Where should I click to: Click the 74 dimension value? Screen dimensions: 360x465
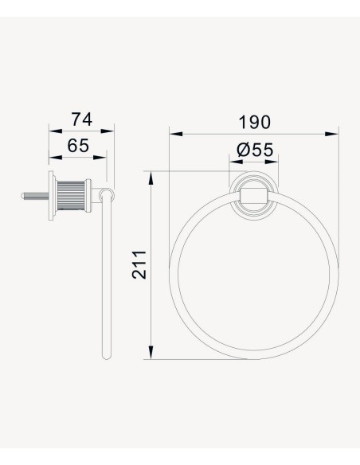(x=82, y=119)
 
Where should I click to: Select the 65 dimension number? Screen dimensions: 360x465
(x=78, y=146)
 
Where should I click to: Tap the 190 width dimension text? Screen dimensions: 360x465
(x=254, y=122)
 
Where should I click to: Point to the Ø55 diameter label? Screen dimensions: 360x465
(x=255, y=150)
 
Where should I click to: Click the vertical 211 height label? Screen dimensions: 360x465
(x=139, y=265)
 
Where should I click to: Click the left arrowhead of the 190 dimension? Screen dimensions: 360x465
(x=176, y=134)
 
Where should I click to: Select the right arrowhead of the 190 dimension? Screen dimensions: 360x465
(x=331, y=134)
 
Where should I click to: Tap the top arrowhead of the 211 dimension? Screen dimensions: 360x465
(x=151, y=178)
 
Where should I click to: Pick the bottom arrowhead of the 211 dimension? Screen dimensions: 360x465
(x=151, y=352)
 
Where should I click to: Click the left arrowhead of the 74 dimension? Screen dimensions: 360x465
(x=56, y=131)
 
